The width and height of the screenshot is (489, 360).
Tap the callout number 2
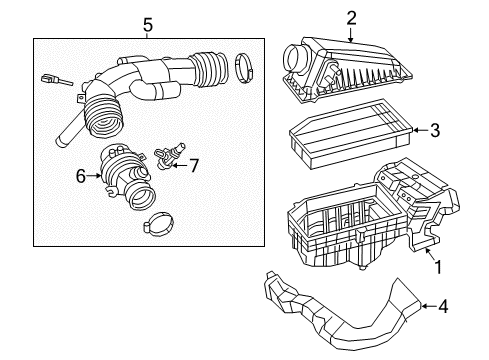pos(351,16)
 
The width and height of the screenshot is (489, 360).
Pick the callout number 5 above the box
pos(147,23)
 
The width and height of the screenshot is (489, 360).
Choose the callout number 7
pos(194,164)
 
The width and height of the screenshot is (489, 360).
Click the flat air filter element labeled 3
pos(350,135)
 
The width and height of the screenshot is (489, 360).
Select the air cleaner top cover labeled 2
pos(350,65)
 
